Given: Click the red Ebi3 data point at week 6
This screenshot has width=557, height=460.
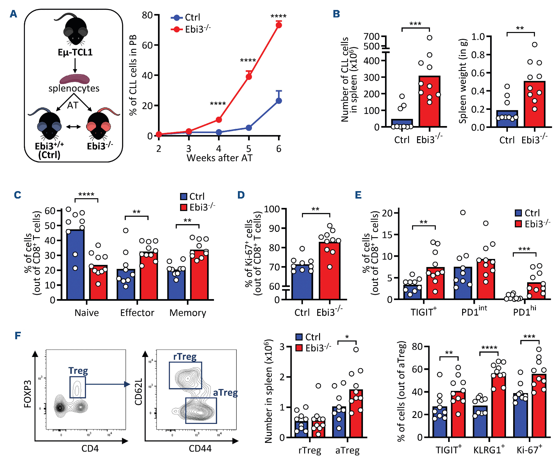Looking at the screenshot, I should pyautogui.click(x=279, y=25).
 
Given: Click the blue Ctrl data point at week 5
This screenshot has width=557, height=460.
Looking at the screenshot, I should pyautogui.click(x=249, y=128).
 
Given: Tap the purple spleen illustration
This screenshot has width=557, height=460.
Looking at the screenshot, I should pyautogui.click(x=75, y=79).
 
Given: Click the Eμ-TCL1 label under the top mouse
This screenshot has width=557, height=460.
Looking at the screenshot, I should pyautogui.click(x=75, y=52).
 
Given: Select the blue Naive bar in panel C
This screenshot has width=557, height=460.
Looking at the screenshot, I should pyautogui.click(x=75, y=265).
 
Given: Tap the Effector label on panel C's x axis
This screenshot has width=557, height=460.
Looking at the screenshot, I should pyautogui.click(x=137, y=313).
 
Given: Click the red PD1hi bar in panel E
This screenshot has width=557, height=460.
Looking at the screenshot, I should pyautogui.click(x=536, y=291).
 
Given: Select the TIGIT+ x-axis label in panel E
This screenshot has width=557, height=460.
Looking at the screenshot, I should pyautogui.click(x=424, y=312).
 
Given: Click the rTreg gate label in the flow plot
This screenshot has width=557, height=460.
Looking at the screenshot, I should pyautogui.click(x=185, y=357).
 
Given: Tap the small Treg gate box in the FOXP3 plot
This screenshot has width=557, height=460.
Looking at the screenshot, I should pyautogui.click(x=77, y=387).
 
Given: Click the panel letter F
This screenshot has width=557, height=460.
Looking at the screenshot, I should pyautogui.click(x=18, y=336).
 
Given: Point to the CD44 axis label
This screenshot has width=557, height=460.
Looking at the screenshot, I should pyautogui.click(x=200, y=448).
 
